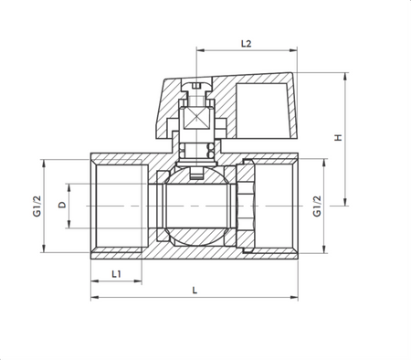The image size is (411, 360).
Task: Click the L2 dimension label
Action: [x=245, y=43]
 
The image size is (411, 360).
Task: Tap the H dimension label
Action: [x=337, y=138]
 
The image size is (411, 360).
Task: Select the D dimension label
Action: [x=61, y=206]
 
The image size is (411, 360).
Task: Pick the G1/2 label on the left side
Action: [x=34, y=206]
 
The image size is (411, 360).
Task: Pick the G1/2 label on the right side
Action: [x=317, y=206]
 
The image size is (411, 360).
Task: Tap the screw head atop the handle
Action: [x=197, y=88]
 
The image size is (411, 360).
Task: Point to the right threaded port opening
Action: [x=277, y=206]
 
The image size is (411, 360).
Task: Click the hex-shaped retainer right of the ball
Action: [x=244, y=206]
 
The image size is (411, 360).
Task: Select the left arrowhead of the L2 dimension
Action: [x=199, y=52]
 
